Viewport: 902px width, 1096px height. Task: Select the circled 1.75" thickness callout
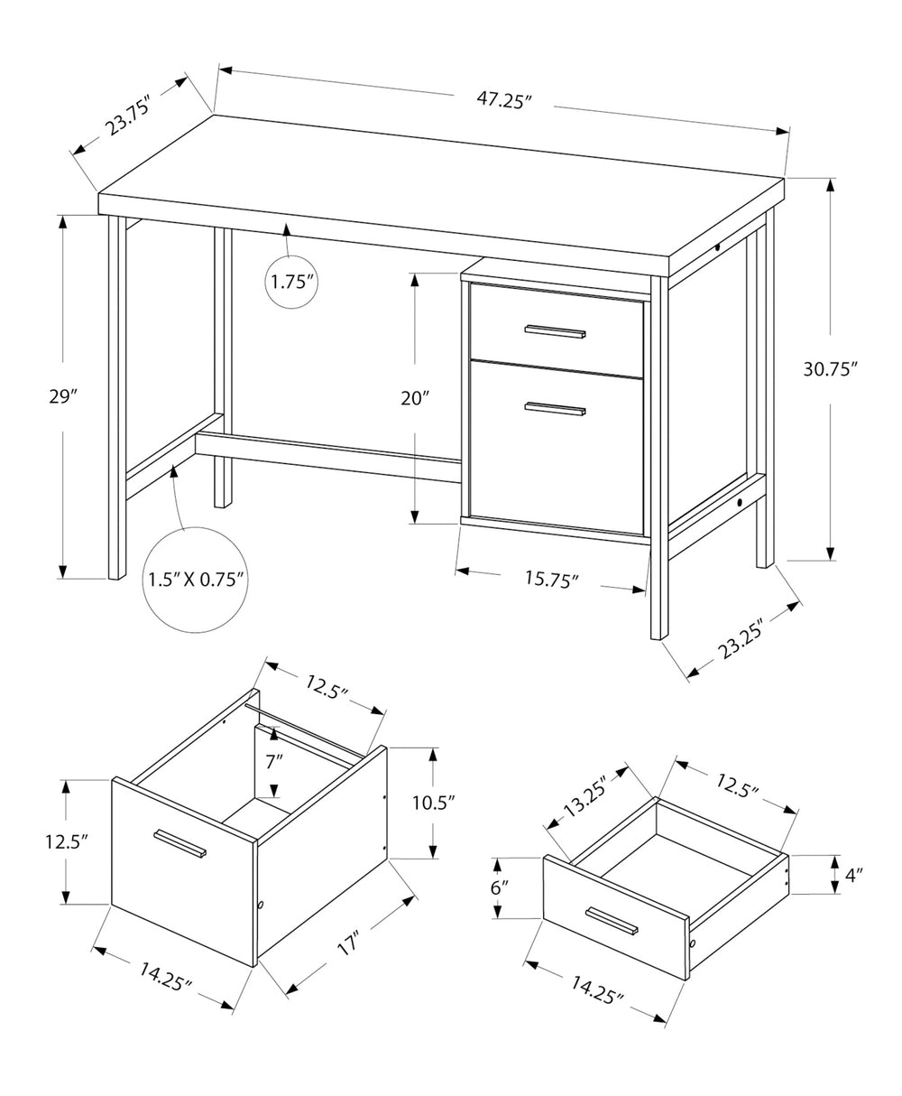[291, 282]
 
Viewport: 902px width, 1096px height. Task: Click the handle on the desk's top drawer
[556, 331]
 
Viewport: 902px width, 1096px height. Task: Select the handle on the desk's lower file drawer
[556, 409]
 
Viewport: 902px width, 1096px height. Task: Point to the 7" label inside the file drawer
[274, 760]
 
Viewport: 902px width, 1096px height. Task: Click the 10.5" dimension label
[433, 802]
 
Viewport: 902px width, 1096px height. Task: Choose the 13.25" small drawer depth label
[587, 795]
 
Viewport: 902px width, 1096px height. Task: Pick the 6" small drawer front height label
[499, 887]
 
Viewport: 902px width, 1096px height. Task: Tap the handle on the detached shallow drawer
[611, 922]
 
